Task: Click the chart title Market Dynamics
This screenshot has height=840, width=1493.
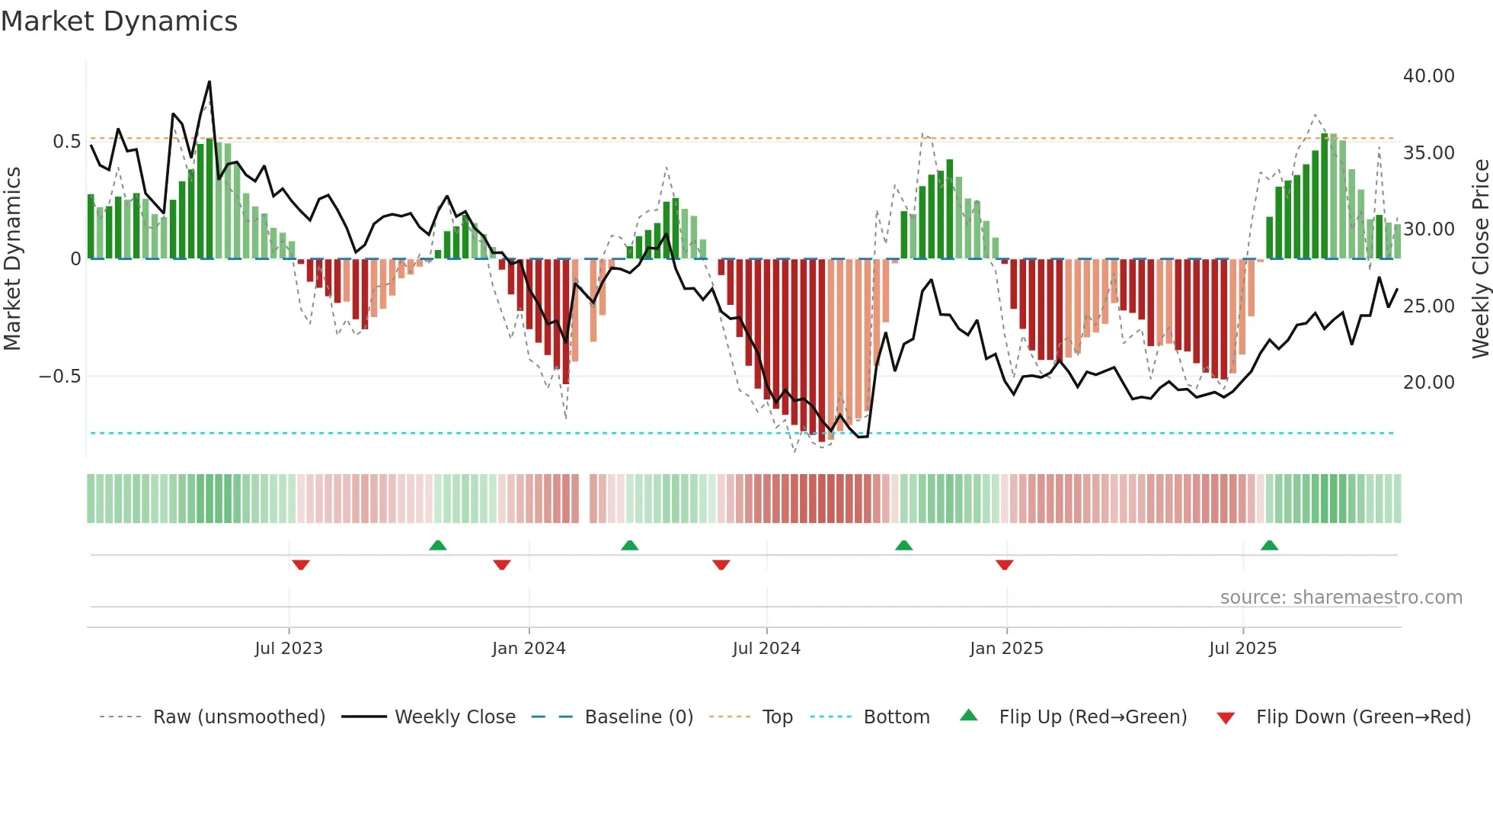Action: [120, 21]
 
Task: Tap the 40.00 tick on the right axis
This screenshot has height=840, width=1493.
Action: [1428, 76]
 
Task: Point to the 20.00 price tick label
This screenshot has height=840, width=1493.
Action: [1428, 382]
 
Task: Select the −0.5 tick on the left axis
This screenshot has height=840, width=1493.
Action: [59, 377]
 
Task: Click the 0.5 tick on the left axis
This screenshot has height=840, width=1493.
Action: [66, 142]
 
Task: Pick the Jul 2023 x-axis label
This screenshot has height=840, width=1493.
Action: [289, 649]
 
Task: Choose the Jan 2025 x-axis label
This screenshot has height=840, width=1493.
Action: [1006, 649]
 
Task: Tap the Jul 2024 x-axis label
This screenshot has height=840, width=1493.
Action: [766, 649]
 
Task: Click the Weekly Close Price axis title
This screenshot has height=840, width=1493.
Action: [1480, 259]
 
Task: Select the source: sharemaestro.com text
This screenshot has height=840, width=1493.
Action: [1341, 598]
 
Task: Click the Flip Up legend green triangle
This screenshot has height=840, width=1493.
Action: [968, 715]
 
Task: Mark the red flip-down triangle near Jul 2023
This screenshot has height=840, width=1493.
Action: [301, 565]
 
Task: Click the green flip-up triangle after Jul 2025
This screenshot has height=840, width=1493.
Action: [1269, 545]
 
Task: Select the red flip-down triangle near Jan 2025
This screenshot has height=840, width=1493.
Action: [1004, 565]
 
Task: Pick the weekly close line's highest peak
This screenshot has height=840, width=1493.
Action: [209, 82]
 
